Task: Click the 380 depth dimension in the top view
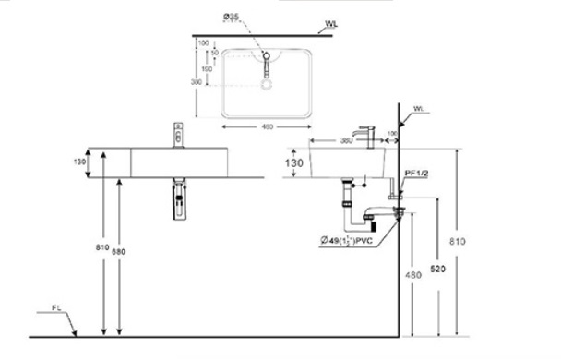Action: click(x=196, y=81)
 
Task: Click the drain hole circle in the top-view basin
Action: click(x=268, y=84)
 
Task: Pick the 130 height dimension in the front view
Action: click(x=80, y=162)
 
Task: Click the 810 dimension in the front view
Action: click(x=102, y=246)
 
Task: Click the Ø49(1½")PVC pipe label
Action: click(x=352, y=242)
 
